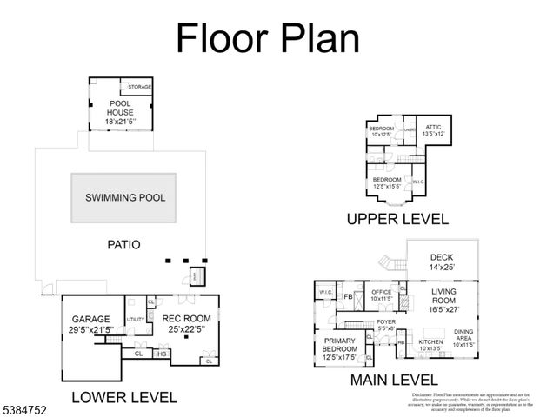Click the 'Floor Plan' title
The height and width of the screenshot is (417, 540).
(268, 38)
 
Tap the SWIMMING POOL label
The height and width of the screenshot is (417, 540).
(125, 197)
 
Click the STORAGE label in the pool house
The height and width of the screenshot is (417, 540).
(139, 88)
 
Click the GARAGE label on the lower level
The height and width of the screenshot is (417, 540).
(90, 324)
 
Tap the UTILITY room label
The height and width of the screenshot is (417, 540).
(135, 320)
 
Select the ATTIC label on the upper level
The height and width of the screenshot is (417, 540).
(433, 129)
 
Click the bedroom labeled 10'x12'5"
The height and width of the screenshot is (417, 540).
(382, 131)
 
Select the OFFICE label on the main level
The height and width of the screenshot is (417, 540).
(382, 295)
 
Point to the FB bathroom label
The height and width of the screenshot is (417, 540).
(348, 295)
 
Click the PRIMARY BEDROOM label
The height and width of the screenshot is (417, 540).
(340, 347)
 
